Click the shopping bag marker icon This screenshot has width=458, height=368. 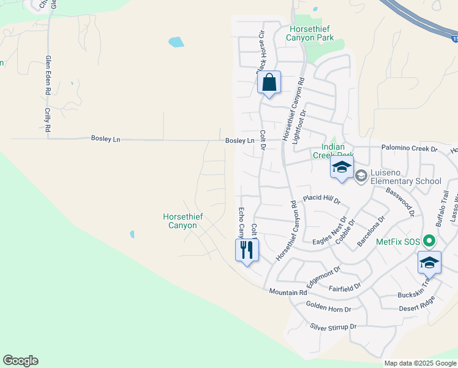269,83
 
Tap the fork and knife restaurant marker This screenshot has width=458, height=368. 247,250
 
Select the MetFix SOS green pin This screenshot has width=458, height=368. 429,241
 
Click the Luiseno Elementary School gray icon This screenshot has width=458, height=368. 361,177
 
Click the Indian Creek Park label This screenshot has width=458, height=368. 329,151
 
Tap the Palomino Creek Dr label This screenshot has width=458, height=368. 410,148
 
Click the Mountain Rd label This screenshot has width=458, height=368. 287,292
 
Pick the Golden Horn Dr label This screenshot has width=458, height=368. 329,309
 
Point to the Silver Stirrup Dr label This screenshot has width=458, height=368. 333,327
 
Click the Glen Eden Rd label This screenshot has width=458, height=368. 48,74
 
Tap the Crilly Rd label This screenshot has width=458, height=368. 47,120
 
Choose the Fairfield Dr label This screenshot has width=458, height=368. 345,285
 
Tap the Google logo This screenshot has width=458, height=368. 20,361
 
